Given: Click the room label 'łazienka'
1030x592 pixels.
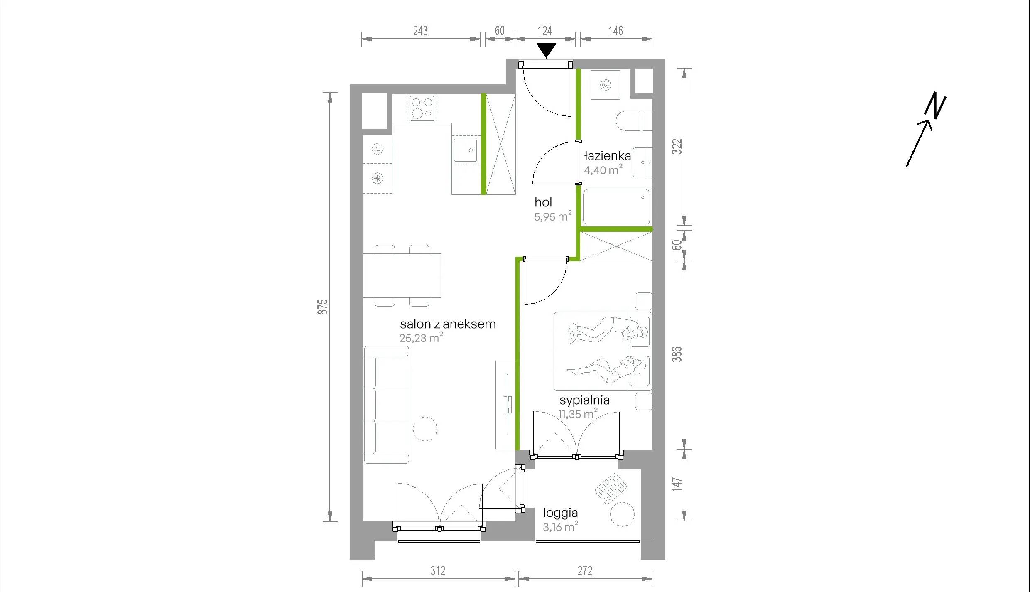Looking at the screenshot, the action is tap(607, 156).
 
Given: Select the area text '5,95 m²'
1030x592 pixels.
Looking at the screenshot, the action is tap(553, 216).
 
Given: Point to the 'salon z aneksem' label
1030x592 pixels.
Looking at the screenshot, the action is tap(448, 324).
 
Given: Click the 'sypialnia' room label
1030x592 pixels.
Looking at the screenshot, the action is tap(584, 400).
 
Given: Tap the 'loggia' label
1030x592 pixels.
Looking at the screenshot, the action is tap(560, 513).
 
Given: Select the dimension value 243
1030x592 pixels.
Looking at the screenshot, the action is tap(420, 31).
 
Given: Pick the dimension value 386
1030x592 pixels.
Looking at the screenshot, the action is tap(677, 354).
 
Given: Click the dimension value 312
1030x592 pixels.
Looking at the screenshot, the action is tap(438, 571).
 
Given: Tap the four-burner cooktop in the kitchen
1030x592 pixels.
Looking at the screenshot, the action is tap(422, 108).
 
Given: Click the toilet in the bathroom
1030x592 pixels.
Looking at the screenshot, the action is tap(628, 120).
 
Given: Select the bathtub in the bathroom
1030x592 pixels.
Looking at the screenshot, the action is tap(616, 207).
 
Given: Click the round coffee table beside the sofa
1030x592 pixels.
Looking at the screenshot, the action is tap(425, 429).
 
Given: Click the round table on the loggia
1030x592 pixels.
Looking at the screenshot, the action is tap(622, 514).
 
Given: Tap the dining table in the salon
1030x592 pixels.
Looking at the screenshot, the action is tap(402, 275).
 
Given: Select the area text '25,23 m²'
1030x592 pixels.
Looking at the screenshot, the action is tap(421, 337).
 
